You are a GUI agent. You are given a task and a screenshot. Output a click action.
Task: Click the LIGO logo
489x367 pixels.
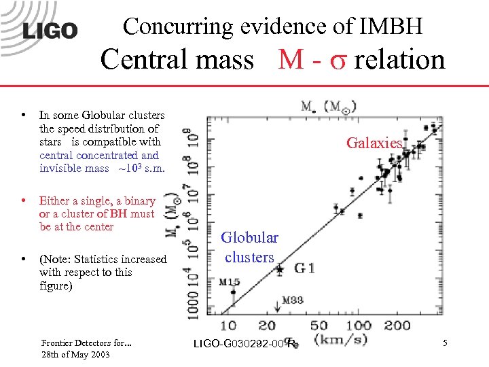tap(50, 30)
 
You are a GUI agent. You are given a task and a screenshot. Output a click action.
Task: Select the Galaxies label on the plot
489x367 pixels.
tap(375, 143)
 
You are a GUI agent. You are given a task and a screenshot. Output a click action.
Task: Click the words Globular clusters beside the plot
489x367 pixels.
tap(250, 247)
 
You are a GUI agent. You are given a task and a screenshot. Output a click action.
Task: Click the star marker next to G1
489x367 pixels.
tap(279, 269)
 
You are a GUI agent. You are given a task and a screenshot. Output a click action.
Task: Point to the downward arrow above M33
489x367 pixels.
tap(276, 304)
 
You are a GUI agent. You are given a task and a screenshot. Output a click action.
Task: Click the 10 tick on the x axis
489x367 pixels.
tap(229, 326)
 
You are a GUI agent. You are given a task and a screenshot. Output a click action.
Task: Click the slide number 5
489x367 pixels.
tap(445, 344)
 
